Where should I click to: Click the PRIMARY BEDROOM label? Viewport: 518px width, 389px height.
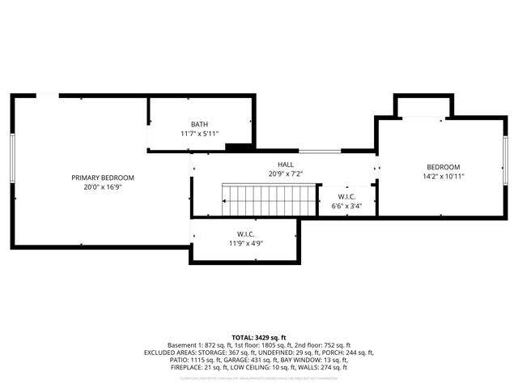pos(102,177)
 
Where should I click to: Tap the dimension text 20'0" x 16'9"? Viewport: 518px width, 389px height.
pos(102,186)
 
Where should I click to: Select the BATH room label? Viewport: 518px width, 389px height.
pos(199,124)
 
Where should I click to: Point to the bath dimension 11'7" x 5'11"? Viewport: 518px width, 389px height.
pos(199,134)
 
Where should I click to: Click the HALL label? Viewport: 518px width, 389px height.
pos(285,164)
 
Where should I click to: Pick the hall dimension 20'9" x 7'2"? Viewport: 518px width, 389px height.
pos(285,173)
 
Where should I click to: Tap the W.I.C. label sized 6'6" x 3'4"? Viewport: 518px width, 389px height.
pos(346,197)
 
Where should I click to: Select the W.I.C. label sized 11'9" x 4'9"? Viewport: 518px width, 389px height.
pos(245,233)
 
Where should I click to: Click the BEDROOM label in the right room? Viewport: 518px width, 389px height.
pos(443,166)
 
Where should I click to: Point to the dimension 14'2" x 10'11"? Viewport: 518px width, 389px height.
pos(443,176)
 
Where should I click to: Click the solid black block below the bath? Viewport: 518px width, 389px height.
pos(238,147)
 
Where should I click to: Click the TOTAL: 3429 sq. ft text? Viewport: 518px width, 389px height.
pos(259,336)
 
